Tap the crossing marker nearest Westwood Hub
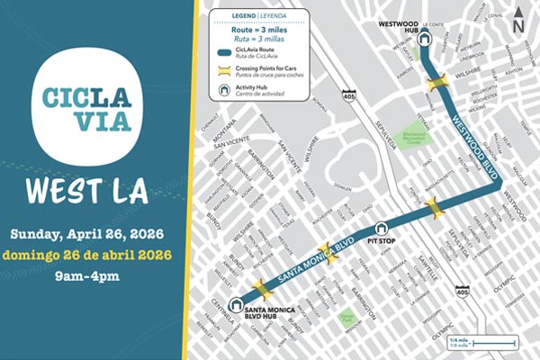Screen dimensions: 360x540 coord(437,84)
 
